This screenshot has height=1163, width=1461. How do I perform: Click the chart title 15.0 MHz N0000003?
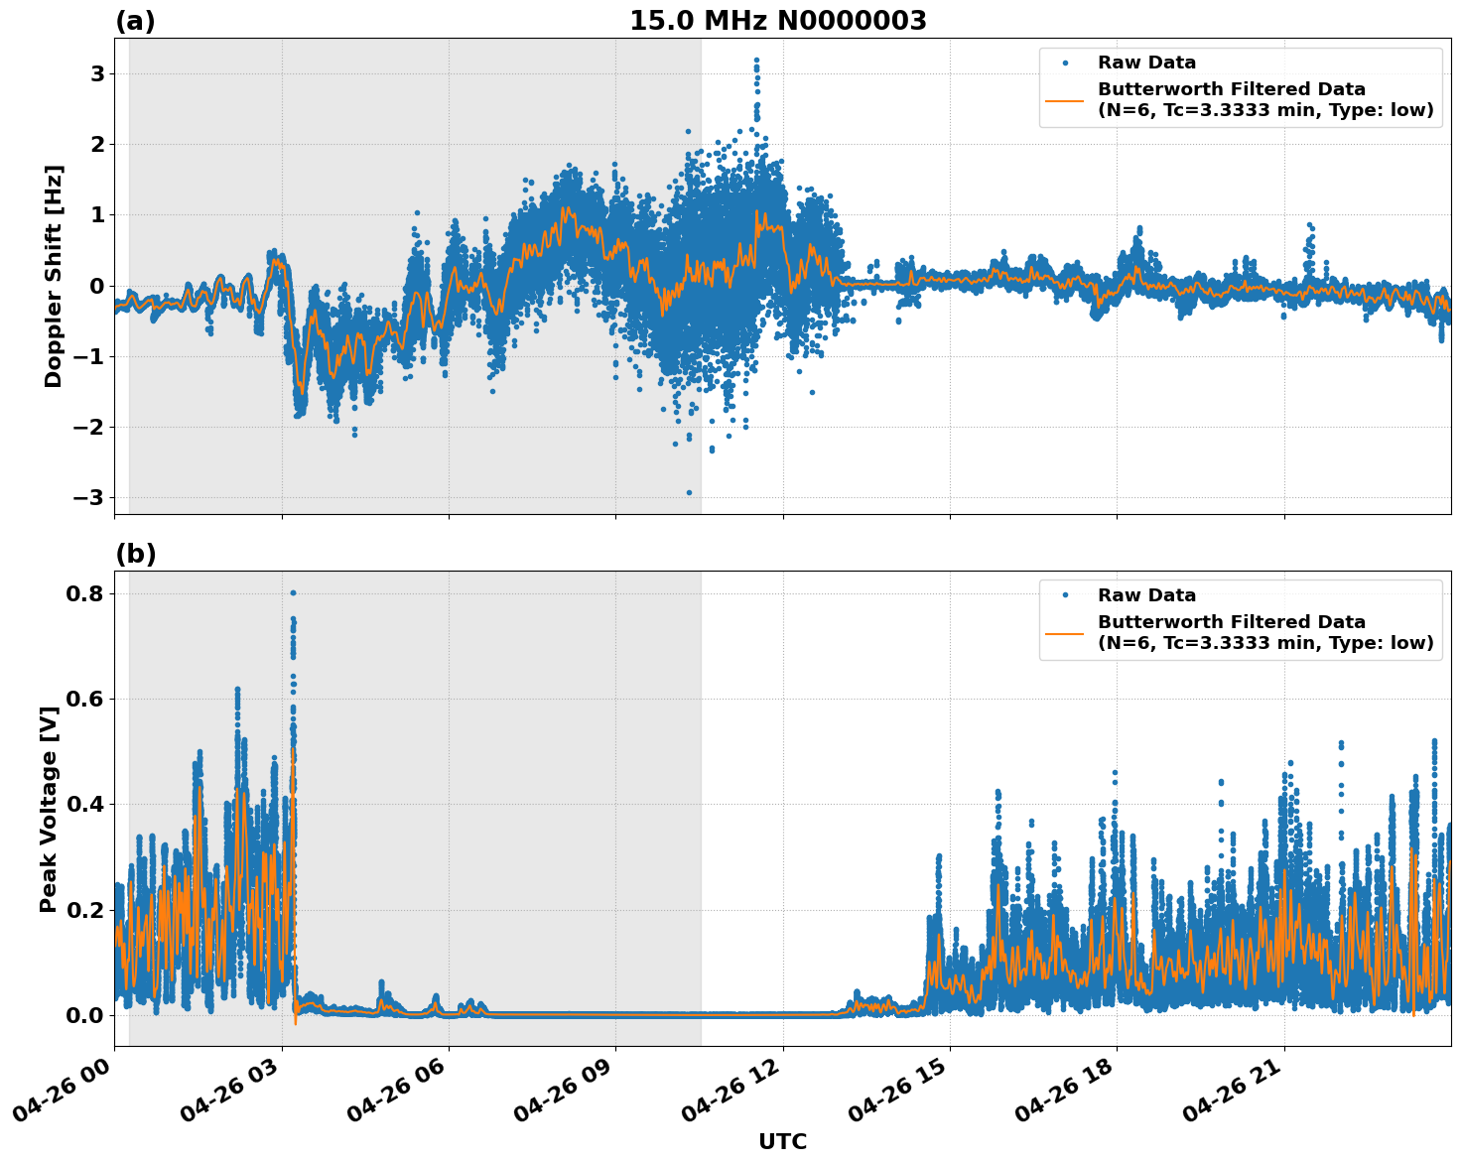click(777, 21)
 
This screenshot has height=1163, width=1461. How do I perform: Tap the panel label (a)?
click(135, 21)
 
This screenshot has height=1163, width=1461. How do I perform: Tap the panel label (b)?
click(135, 554)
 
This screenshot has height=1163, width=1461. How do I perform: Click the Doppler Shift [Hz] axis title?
click(54, 276)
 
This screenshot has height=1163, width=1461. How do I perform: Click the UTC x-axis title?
click(782, 1141)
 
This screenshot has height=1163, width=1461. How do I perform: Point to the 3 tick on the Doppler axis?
click(97, 74)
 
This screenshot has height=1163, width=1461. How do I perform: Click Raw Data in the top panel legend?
click(1146, 63)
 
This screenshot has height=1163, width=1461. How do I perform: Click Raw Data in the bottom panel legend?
click(1146, 595)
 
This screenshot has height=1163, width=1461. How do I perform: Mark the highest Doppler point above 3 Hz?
click(756, 61)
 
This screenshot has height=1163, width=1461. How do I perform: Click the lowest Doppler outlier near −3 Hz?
click(689, 492)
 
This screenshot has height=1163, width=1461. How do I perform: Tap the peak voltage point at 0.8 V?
click(293, 593)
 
